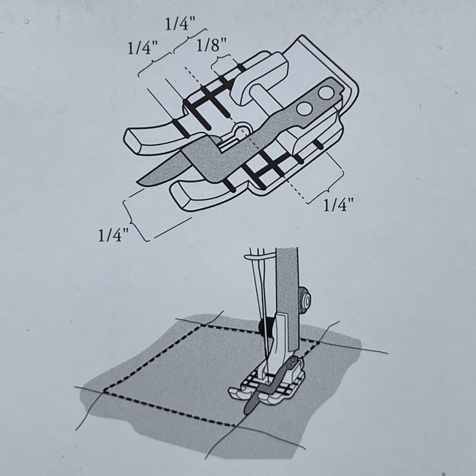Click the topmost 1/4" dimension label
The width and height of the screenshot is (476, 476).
tap(180, 24)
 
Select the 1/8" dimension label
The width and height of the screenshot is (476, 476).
tap(212, 45)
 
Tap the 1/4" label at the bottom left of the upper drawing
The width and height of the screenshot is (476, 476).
tap(114, 234)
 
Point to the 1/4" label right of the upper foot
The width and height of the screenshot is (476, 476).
tap(339, 205)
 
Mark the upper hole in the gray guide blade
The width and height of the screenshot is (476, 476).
tap(325, 93)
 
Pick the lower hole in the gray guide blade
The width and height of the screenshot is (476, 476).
tap(305, 108)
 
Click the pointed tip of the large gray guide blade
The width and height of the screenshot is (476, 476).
tap(139, 183)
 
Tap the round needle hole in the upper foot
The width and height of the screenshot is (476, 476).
tap(242, 130)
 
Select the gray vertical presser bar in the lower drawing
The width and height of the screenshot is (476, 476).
tap(288, 297)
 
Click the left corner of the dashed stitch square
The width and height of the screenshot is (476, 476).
tap(105, 390)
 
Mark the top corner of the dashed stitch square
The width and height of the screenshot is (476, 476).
tap(202, 325)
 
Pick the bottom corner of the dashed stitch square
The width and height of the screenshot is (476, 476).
tap(235, 425)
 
